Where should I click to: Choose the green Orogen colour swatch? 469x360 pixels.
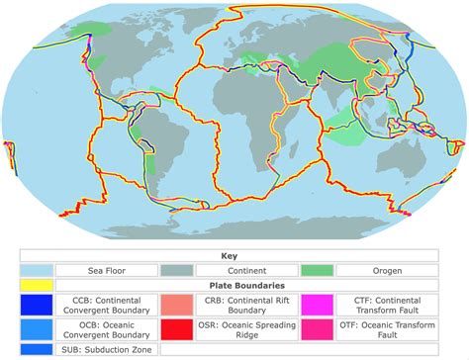point(321,269)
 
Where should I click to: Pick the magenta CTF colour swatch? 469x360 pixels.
point(321,305)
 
